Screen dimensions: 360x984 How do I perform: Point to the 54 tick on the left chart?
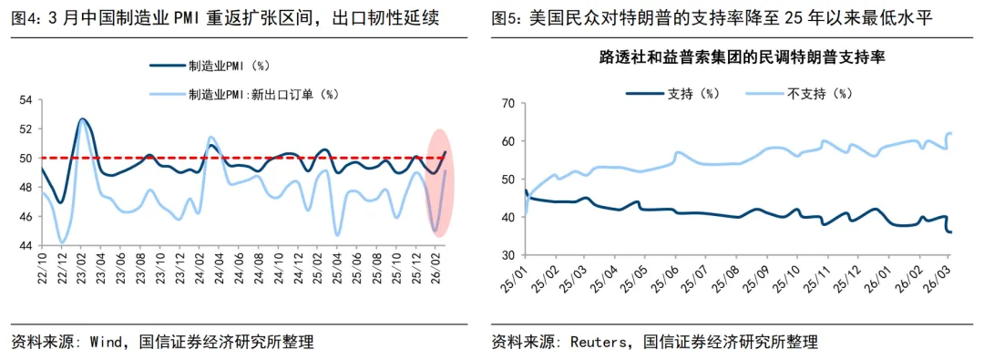click(26, 100)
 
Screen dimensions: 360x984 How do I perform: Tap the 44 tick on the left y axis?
click(26, 245)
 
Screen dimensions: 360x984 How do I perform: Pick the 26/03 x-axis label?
click(942, 274)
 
